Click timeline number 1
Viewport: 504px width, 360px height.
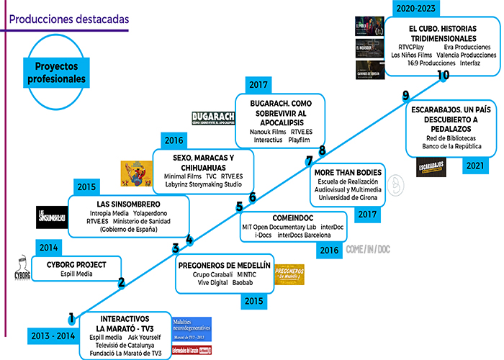[71, 317]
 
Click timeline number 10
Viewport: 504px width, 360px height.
[443, 74]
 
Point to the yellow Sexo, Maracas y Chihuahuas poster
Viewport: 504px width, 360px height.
[135, 174]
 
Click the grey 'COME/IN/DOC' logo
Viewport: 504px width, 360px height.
[372, 251]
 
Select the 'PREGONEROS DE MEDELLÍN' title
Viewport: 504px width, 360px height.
[224, 266]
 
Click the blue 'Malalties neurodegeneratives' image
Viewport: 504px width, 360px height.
[192, 329]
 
